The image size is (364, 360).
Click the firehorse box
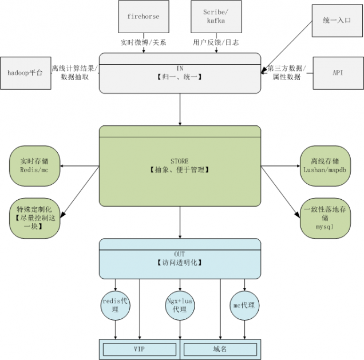pos(143,17)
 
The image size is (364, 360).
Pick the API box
pos(338,73)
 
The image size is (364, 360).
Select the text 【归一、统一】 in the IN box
pos(180,76)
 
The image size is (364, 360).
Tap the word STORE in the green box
pos(180,161)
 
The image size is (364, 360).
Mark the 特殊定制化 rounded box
pos(34,217)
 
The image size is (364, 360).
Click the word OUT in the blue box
pos(180,254)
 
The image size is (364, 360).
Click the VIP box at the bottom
pos(140,349)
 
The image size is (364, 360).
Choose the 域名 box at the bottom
pos(220,349)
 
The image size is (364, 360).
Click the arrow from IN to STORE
pos(180,109)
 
